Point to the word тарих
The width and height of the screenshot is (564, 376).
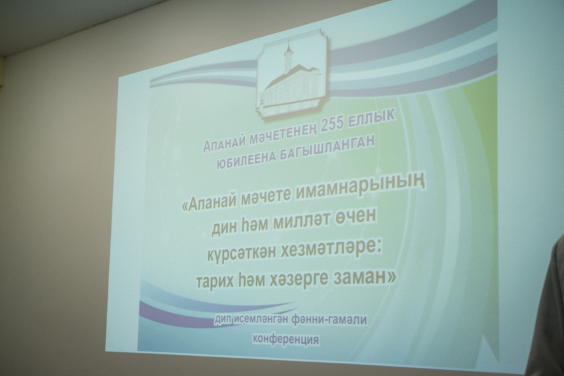point(215,282)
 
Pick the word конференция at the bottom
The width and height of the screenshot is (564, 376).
point(286,339)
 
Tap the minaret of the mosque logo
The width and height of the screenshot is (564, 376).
point(288,58)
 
